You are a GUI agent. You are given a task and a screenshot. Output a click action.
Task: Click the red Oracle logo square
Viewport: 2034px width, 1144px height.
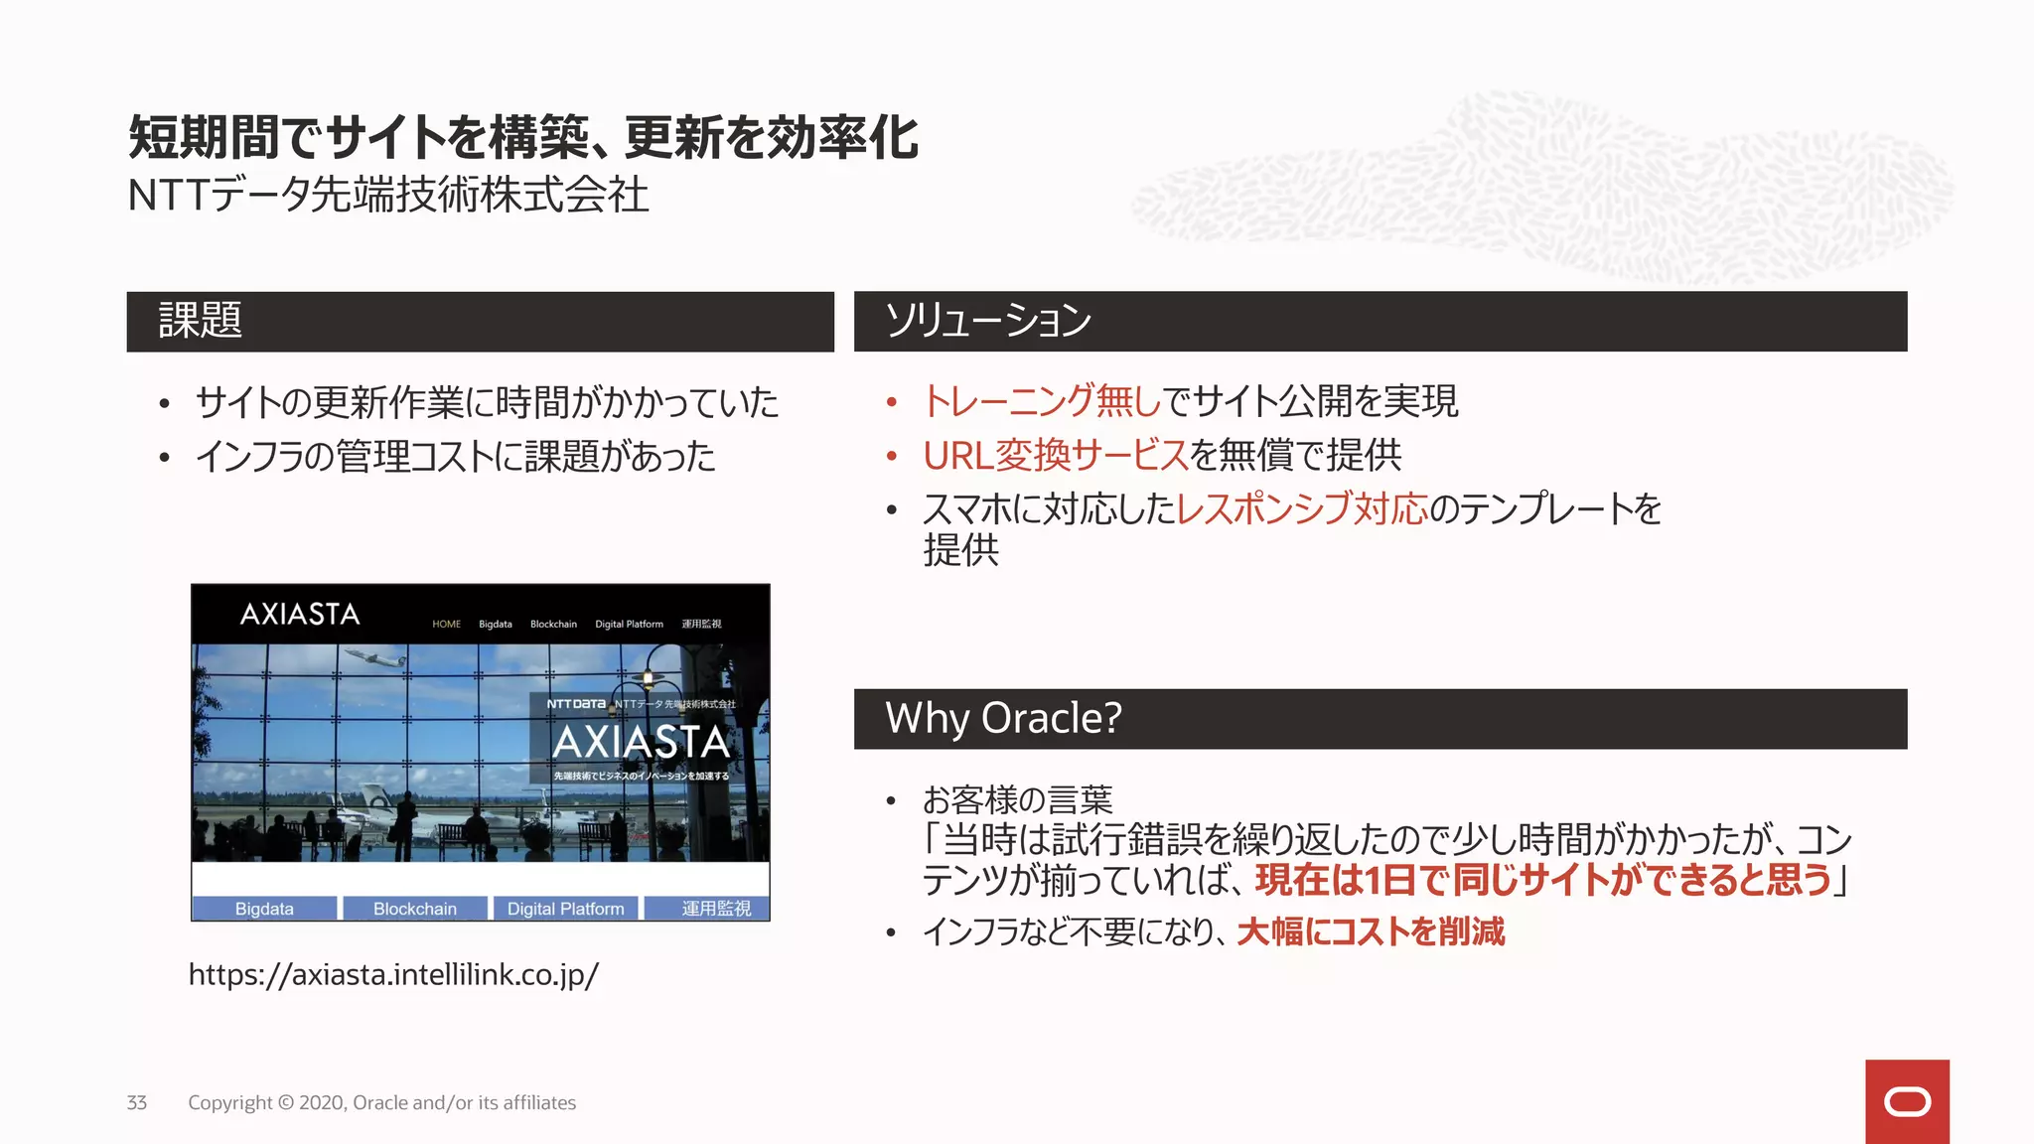pyautogui.click(x=1907, y=1101)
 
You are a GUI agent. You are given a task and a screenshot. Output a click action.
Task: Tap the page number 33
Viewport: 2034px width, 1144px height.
pyautogui.click(x=137, y=1102)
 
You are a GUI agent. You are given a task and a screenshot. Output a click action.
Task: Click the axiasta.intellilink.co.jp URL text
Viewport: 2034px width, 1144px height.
pyautogui.click(x=393, y=974)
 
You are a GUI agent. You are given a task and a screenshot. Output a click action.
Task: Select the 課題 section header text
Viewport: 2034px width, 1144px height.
pyautogui.click(x=201, y=321)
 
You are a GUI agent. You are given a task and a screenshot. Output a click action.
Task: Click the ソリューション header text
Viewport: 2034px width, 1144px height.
pyautogui.click(x=987, y=321)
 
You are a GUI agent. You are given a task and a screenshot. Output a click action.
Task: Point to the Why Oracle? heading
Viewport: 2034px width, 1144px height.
pyautogui.click(x=1003, y=718)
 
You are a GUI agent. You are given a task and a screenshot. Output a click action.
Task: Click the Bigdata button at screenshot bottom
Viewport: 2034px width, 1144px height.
pyautogui.click(x=264, y=909)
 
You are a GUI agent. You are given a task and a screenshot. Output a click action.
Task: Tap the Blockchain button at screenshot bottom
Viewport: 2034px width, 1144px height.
pyautogui.click(x=415, y=909)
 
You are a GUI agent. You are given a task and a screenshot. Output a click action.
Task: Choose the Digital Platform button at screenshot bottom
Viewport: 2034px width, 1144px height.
pyautogui.click(x=565, y=909)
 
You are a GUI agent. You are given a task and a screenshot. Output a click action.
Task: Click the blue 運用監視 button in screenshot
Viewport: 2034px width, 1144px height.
pyautogui.click(x=715, y=909)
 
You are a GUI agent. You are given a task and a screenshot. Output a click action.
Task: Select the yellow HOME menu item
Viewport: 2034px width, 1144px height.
pyautogui.click(x=446, y=625)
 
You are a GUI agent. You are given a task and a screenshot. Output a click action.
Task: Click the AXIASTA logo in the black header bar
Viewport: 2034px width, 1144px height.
pyautogui.click(x=300, y=615)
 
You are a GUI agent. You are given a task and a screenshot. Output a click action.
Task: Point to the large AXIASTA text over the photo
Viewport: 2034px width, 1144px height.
pyautogui.click(x=641, y=742)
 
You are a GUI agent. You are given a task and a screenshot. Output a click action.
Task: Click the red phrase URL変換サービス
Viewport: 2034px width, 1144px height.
pyautogui.click(x=1056, y=456)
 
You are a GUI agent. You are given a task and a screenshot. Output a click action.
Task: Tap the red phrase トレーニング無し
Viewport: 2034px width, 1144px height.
pyautogui.click(x=1042, y=401)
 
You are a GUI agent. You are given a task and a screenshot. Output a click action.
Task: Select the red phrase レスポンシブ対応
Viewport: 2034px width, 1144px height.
pyautogui.click(x=1302, y=509)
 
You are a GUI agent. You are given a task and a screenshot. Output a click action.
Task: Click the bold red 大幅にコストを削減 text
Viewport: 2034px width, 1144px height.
pyautogui.click(x=1371, y=931)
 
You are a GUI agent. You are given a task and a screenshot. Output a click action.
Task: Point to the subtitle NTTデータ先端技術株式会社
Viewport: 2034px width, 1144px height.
pyautogui.click(x=388, y=195)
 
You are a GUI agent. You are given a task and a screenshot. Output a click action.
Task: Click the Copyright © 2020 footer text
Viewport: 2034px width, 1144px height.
pyautogui.click(x=381, y=1102)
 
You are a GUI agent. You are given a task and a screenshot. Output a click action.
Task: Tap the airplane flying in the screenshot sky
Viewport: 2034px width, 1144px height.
pyautogui.click(x=375, y=660)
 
